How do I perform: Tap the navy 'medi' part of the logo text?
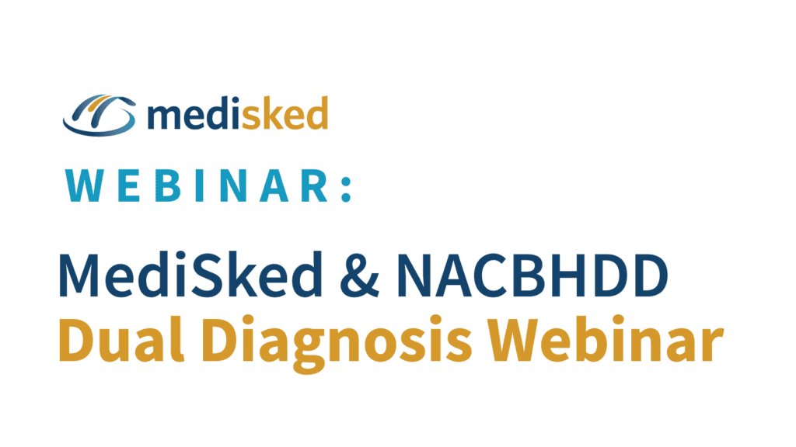(194, 113)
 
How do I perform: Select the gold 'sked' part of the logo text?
(285, 113)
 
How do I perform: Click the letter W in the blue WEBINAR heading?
(84, 185)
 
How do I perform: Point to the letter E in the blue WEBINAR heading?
(129, 185)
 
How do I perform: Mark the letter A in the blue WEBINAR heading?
(274, 185)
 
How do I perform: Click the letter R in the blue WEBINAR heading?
(315, 185)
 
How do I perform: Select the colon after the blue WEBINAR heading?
(346, 189)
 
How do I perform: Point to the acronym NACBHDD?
(532, 275)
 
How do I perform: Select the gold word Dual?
(121, 339)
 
